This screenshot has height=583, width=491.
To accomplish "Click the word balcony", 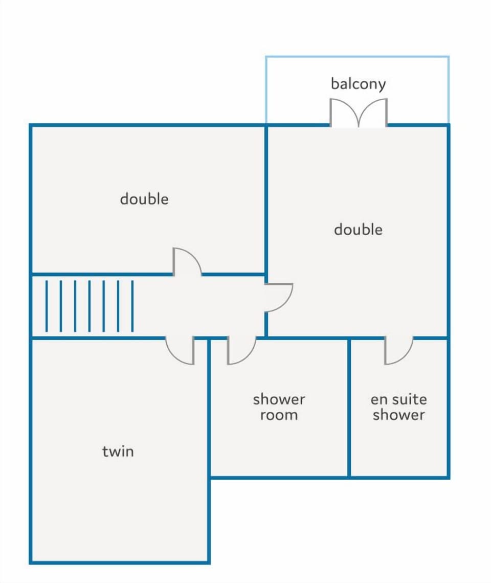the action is point(358,84).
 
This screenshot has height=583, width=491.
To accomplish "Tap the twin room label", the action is point(118,451).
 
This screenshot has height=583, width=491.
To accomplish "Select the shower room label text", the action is point(279,407).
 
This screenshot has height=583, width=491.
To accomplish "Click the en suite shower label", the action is point(399,407).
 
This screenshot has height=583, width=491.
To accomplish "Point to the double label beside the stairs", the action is point(144,199).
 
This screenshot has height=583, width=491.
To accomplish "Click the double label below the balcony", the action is point(358,230).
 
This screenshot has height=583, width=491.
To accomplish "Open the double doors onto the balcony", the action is point(359,113).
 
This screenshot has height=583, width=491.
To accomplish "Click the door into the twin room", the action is point(180,351).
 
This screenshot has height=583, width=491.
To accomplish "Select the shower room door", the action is point(241,351).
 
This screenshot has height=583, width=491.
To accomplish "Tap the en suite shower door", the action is point(398,351).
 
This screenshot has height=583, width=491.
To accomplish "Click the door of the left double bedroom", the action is point(187,261).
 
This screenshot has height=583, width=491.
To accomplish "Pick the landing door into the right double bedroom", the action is point(279,298).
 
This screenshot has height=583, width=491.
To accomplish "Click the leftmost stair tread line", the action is point(47,306).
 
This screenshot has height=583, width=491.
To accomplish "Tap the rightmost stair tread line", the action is point(132,306).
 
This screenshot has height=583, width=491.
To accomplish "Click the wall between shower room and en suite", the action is point(349,408).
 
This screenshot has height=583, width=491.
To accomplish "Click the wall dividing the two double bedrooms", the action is point(266,199).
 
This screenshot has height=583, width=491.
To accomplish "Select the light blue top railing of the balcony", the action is point(358,57).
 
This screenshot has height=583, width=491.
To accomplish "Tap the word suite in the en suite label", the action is point(409,399).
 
